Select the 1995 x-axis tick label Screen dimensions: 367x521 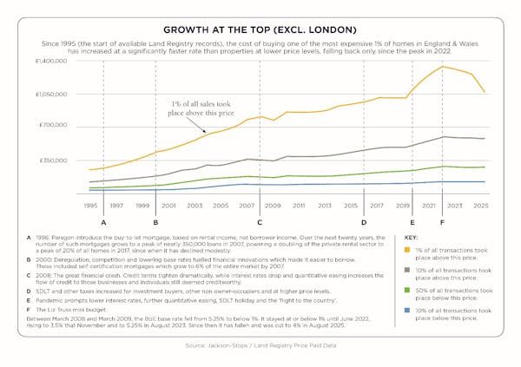coord(90,206)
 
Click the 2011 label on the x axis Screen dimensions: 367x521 coord(299,206)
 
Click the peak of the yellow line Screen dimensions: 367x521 coord(443,67)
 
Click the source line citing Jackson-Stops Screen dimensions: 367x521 coord(260,346)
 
